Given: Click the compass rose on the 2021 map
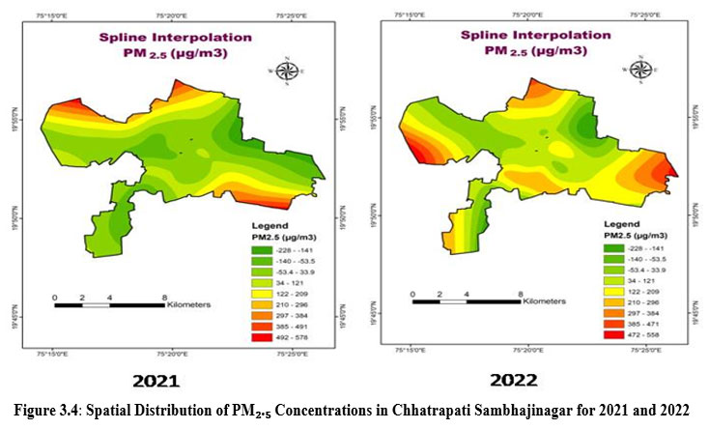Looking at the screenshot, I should tap(286, 70).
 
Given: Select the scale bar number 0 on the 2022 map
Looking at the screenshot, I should tap(412, 293).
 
